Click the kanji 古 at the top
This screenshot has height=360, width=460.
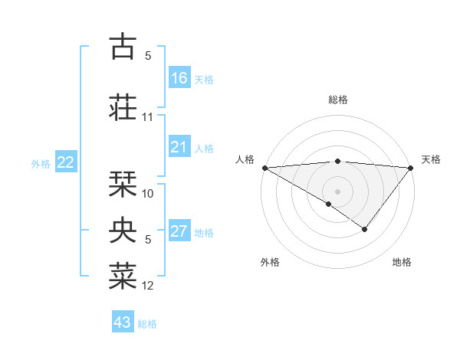tap(122, 47)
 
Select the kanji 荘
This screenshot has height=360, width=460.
tap(122, 106)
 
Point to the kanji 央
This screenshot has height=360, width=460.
tap(122, 229)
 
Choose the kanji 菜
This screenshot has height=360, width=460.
tap(122, 275)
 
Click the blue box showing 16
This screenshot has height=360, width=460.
tap(179, 78)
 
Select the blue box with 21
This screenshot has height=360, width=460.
tap(179, 147)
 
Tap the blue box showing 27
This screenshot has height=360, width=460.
tap(179, 231)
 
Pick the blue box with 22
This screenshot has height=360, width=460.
tap(66, 162)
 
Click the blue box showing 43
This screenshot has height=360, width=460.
tap(123, 322)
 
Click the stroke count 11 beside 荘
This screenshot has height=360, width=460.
tap(148, 117)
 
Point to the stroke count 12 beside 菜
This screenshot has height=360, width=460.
tap(148, 286)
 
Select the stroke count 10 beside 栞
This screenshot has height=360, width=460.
tap(148, 194)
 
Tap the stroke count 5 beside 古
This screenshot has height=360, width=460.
tap(148, 56)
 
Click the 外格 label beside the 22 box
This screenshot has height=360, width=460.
tap(41, 163)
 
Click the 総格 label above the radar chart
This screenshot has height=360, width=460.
tap(337, 100)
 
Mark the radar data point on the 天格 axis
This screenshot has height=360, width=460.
tap(411, 167)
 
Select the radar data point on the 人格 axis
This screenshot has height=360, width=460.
tap(264, 167)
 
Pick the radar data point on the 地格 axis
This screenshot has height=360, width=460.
tap(365, 229)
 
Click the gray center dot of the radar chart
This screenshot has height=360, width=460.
tap(337, 191)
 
